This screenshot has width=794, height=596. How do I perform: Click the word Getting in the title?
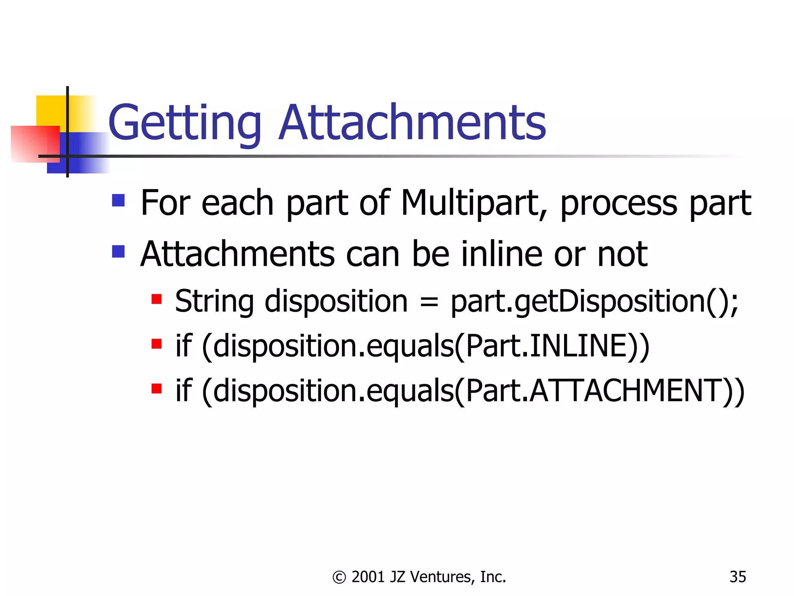(x=185, y=123)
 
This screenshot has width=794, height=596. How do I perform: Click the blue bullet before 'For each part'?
(x=118, y=201)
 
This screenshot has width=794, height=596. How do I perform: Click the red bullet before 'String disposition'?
(x=156, y=299)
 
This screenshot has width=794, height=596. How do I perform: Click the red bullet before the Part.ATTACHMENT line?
(x=156, y=388)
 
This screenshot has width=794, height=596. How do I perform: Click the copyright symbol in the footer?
(x=339, y=577)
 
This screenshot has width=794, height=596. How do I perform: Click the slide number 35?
(x=737, y=577)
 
